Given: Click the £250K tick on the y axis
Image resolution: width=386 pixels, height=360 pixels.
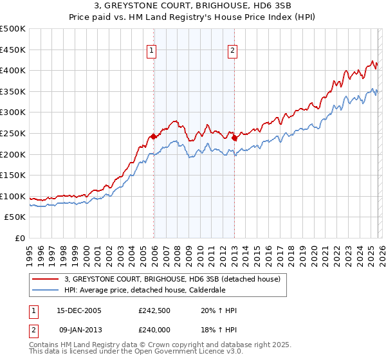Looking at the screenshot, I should pos(13,133).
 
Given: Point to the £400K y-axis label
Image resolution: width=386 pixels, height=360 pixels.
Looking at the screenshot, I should pos(13,70).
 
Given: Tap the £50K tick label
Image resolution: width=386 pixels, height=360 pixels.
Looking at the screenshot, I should pos(15,217).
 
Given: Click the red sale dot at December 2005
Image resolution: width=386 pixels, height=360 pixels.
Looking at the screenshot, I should pos(153,136).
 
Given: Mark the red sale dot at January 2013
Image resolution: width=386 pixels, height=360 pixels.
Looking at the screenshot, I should pos(234,137).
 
